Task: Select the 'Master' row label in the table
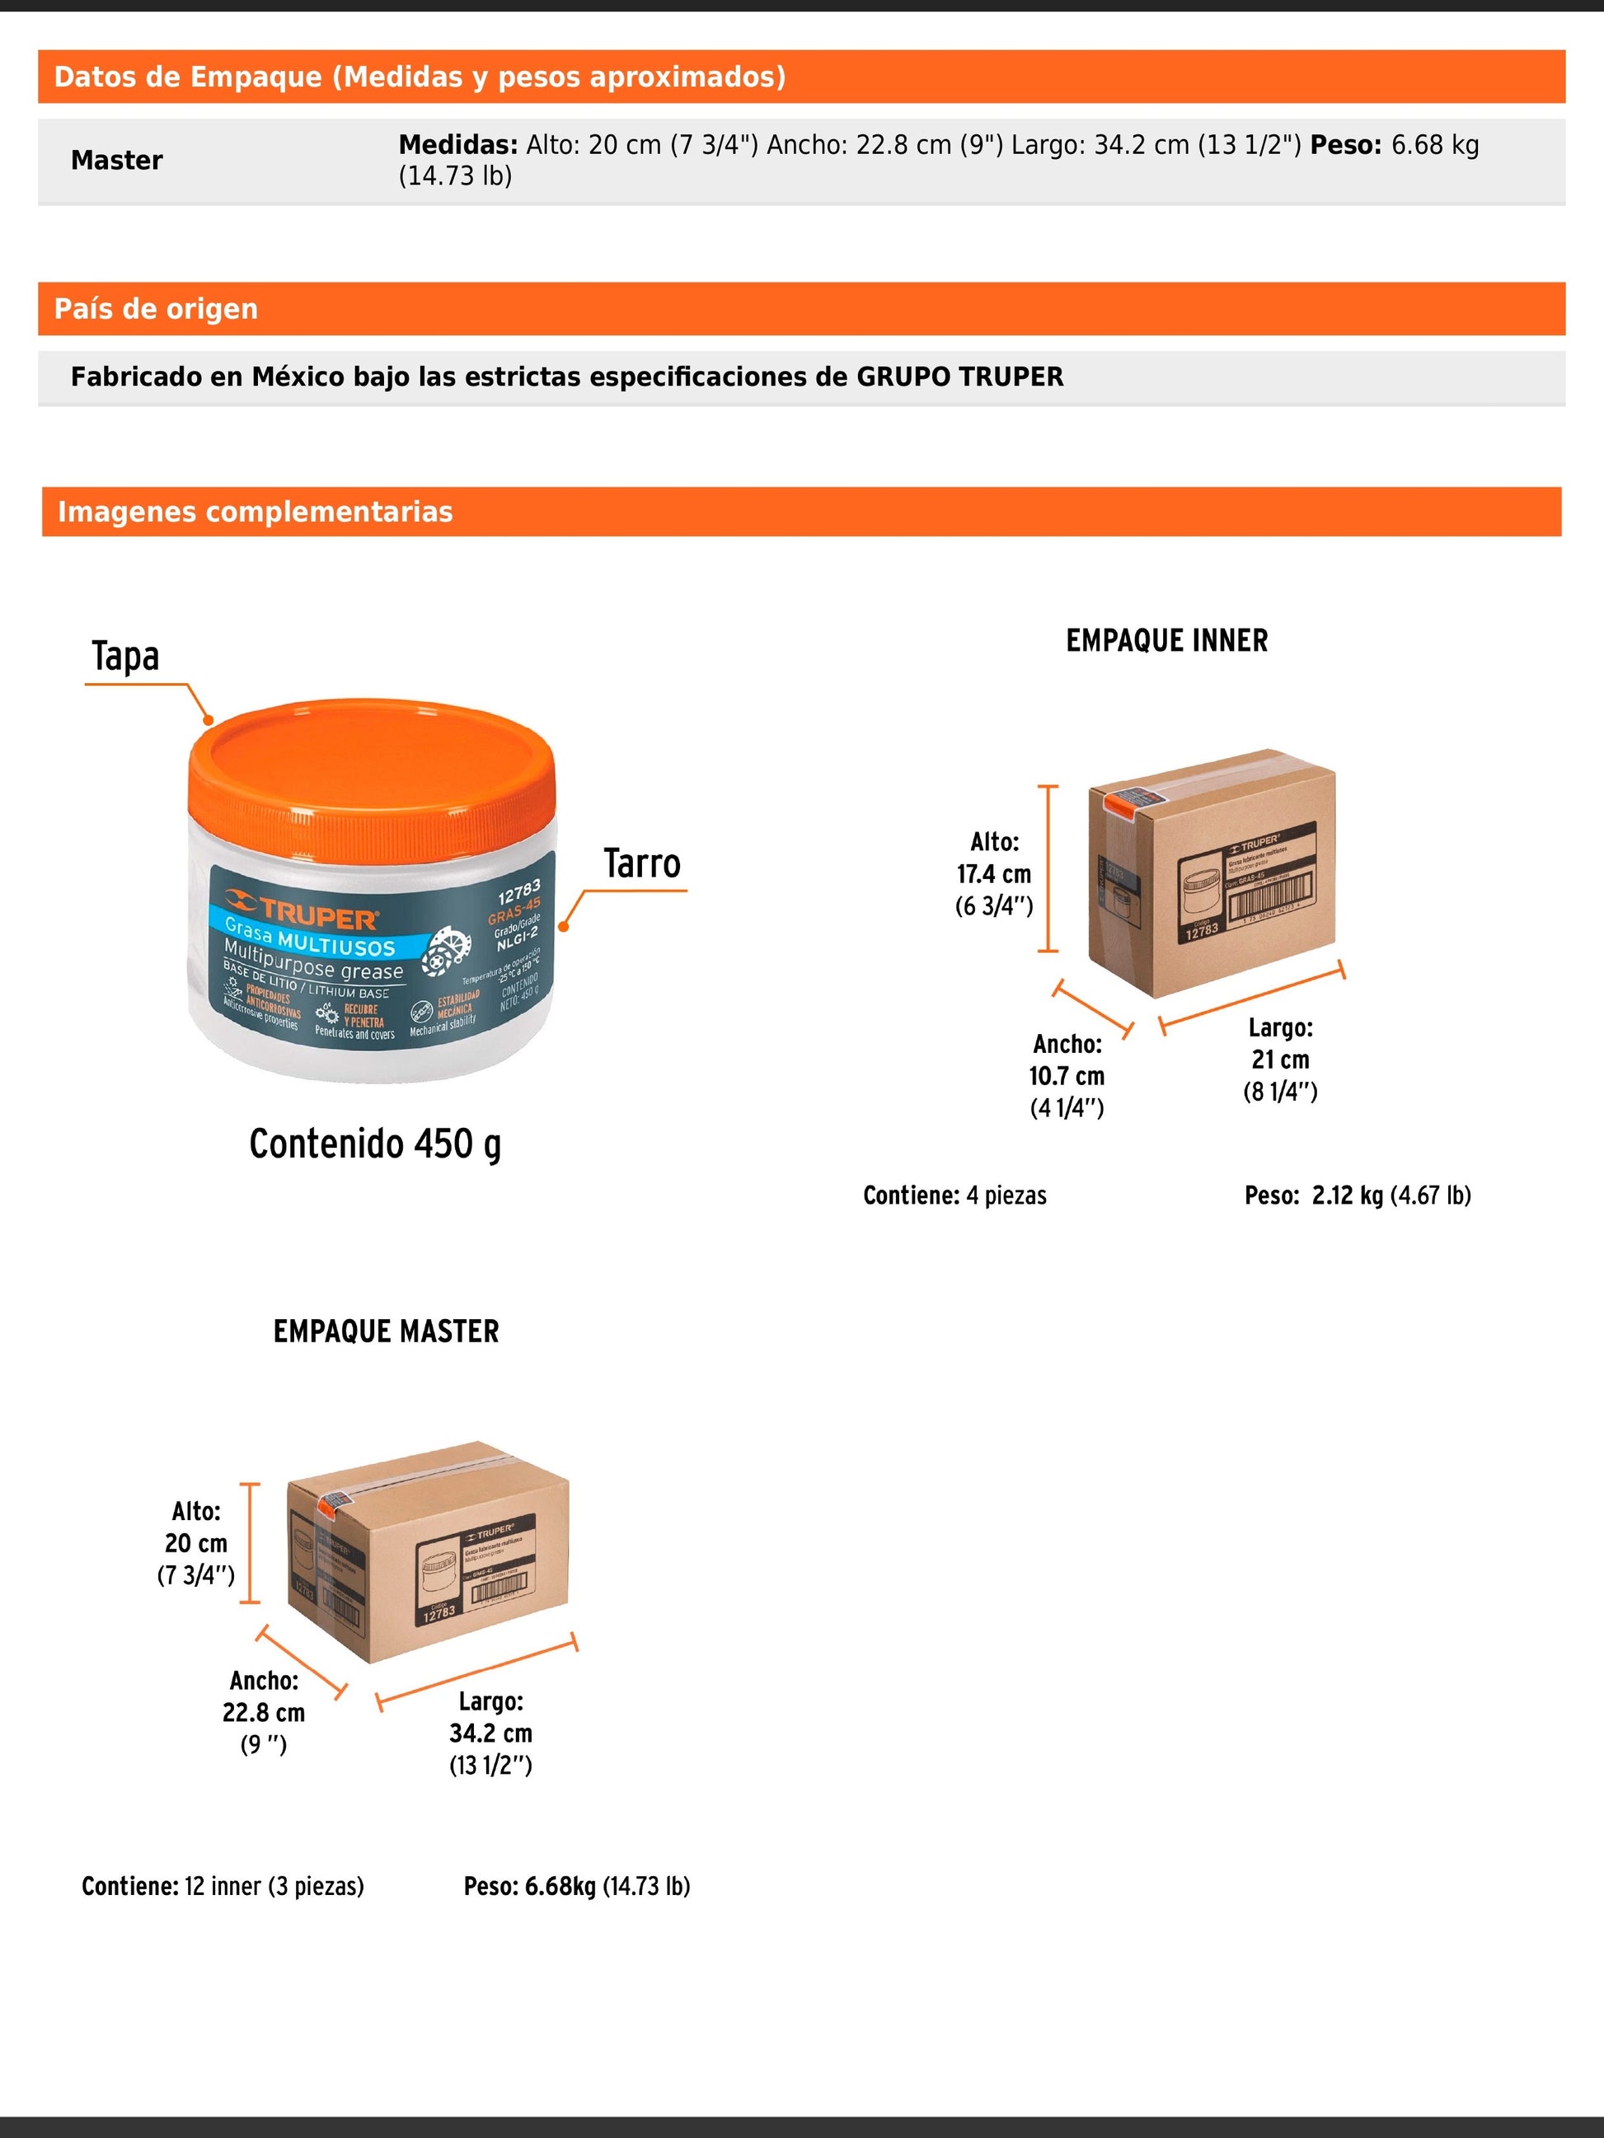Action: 117,161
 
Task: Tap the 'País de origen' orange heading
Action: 156,308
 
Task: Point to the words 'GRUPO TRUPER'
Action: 959,377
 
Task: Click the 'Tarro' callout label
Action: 642,863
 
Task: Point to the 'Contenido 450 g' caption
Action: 375,1144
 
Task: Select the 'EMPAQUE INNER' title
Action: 1167,640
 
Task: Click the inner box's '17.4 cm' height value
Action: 994,874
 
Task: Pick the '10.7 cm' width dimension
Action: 1067,1076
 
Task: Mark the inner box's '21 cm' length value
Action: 1280,1060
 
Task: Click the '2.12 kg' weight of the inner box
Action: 1347,1195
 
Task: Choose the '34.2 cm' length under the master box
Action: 490,1733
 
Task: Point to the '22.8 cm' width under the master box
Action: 263,1712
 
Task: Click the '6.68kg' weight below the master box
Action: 560,1886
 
